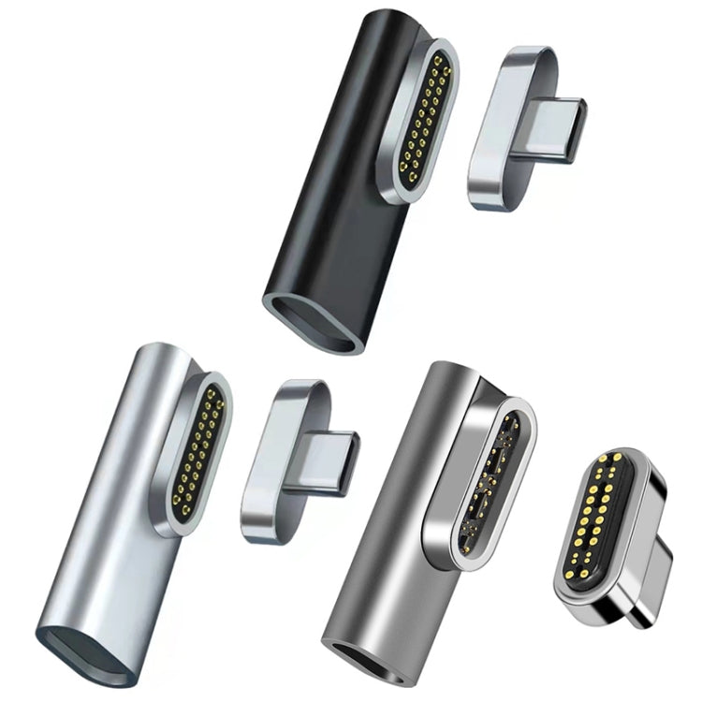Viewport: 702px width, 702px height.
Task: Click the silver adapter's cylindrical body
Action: pos(103,524)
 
